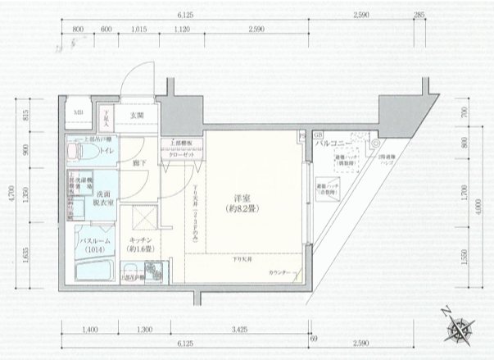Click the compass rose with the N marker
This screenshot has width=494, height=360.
coord(459,328)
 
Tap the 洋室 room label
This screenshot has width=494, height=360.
coord(238,202)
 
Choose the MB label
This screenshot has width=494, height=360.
coord(79,112)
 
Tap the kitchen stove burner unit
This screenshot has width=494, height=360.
coord(152,270)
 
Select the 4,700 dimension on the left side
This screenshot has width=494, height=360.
coord(12,196)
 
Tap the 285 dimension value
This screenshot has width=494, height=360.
coord(420,15)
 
